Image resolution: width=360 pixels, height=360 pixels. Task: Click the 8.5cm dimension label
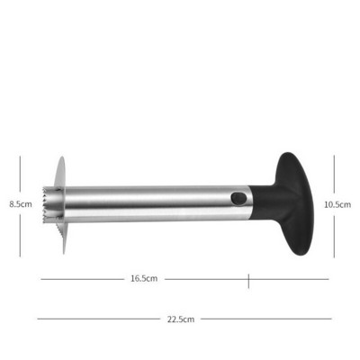(21, 204)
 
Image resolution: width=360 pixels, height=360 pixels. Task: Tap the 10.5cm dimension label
(337, 204)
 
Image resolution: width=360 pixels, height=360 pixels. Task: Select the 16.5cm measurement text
(144, 278)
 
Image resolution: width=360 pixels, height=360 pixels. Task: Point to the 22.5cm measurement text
(181, 319)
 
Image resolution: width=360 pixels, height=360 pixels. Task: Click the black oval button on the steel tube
(238, 199)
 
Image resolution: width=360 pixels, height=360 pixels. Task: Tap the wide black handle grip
(294, 203)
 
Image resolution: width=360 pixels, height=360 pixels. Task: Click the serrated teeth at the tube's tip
(47, 205)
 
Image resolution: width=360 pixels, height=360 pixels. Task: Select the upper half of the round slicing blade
(60, 173)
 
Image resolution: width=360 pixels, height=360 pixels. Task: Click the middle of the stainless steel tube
(156, 204)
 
